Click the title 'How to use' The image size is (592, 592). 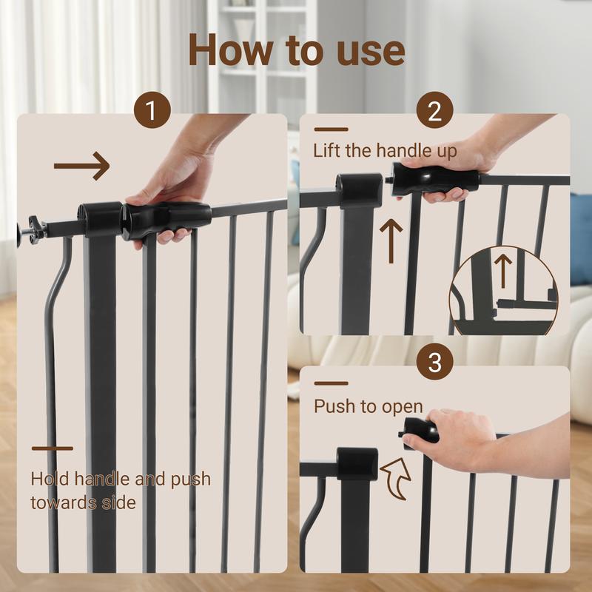coord(296,50)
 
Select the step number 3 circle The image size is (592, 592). coord(434,363)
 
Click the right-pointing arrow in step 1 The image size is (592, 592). coord(81,166)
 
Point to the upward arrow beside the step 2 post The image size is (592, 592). coord(391,238)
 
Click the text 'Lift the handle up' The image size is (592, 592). coord(385,151)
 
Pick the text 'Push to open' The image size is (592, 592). coord(368,406)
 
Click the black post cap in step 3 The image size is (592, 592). coord(357,463)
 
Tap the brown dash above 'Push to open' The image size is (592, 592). coord(331,383)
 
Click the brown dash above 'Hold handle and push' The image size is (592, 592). coord(52,448)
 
